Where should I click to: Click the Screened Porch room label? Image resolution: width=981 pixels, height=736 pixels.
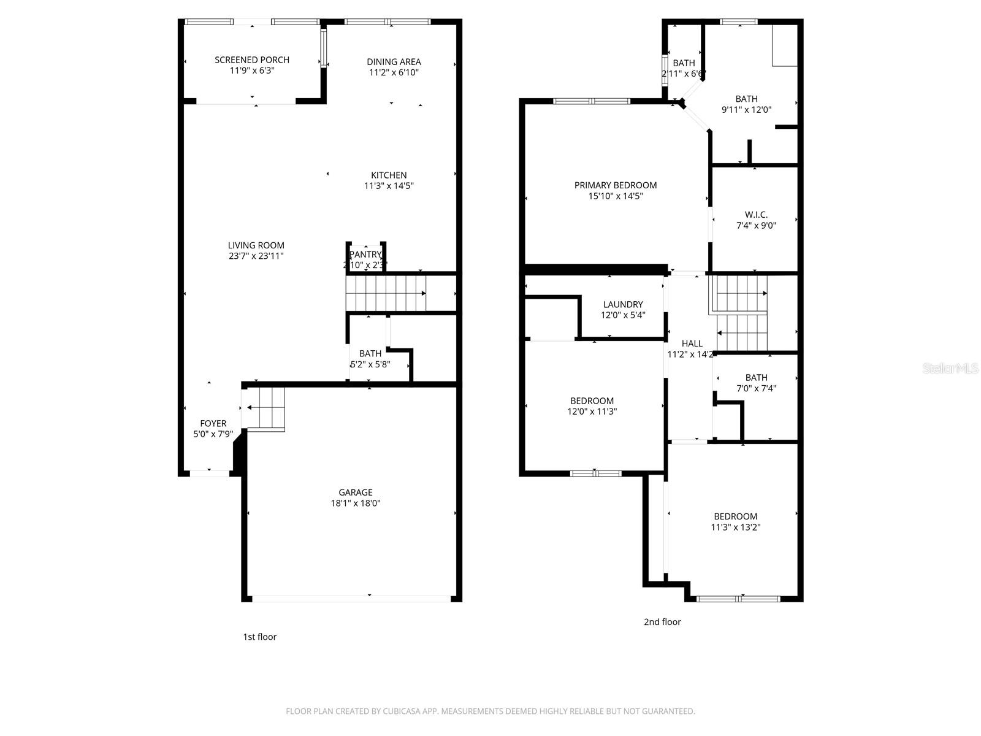click(x=251, y=60)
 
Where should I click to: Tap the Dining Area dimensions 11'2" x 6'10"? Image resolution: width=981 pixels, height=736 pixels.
click(x=394, y=72)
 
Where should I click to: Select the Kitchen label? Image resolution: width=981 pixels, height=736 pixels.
click(x=389, y=175)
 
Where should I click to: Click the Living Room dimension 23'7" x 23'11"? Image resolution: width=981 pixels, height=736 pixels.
click(x=256, y=256)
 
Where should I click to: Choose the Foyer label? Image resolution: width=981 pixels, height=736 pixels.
click(x=213, y=423)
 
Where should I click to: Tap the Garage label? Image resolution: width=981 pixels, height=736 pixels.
click(x=356, y=492)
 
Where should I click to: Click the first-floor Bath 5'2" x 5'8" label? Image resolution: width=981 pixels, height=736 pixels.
click(x=370, y=353)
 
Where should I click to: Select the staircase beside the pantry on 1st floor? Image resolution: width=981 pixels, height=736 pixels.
click(x=386, y=294)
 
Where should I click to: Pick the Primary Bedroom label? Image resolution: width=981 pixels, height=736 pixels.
click(x=615, y=185)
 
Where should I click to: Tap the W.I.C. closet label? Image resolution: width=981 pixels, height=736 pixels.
click(x=756, y=215)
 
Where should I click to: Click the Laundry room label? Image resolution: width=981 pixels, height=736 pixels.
click(x=623, y=304)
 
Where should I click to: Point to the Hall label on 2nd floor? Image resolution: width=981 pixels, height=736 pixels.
click(x=692, y=343)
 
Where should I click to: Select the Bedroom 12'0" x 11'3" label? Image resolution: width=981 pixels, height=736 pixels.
click(x=592, y=401)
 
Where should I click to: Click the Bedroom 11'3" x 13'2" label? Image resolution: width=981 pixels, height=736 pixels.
click(x=735, y=516)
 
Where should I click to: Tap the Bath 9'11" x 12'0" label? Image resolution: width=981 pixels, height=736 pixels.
click(x=746, y=99)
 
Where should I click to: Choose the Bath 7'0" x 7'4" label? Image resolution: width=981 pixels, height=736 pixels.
click(x=756, y=378)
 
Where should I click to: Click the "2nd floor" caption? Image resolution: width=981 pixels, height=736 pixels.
click(x=662, y=622)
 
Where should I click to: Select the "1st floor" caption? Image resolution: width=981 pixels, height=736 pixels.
click(x=259, y=637)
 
